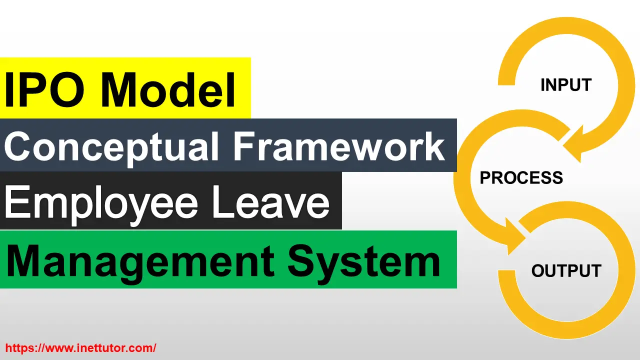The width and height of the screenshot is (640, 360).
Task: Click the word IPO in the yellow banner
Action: [x=47, y=90]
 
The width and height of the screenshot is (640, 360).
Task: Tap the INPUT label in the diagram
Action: [x=565, y=85]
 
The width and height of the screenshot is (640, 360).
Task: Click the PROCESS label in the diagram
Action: [x=521, y=178]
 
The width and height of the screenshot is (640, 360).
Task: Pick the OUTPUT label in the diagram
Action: [x=566, y=271]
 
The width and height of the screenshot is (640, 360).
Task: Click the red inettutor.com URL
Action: [x=80, y=347]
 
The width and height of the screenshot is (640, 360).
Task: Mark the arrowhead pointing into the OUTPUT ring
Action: [x=515, y=240]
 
